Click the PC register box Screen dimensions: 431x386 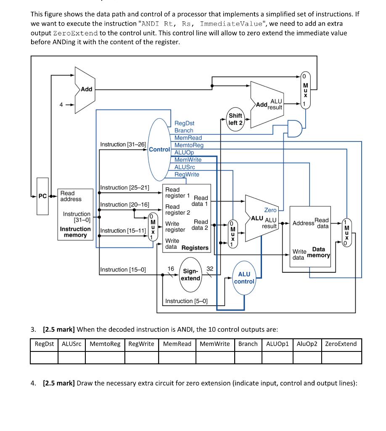42,196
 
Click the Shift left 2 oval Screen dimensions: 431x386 235,119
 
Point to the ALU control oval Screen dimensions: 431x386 244,277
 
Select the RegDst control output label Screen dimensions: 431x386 184,123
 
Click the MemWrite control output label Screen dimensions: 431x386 188,160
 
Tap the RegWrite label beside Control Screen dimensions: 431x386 187,175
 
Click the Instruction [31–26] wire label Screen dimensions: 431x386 123,144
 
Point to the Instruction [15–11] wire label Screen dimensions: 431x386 123,231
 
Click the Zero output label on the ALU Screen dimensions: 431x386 270,210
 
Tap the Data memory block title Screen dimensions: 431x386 319,253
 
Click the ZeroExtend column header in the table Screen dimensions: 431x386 341,344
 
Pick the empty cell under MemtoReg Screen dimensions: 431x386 105,357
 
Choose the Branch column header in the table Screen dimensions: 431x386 248,344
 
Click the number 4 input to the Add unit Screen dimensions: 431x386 61,105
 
